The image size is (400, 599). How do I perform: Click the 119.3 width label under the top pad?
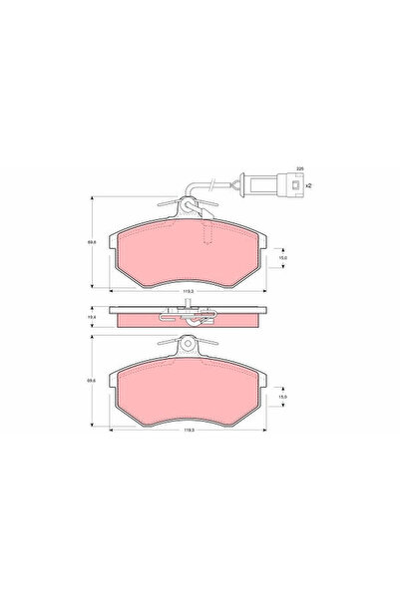186,291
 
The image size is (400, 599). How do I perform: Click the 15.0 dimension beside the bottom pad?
282,397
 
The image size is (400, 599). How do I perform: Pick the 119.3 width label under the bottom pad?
186,431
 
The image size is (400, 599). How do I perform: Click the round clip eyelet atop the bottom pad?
186,343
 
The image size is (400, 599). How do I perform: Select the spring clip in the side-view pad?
186,317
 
